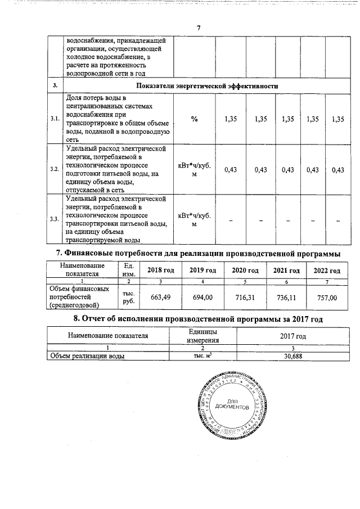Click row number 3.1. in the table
click(55, 119)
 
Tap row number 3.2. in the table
click(55, 169)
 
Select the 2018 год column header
click(160, 271)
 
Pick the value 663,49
click(160, 296)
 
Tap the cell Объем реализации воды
click(87, 356)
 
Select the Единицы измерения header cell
click(202, 336)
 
